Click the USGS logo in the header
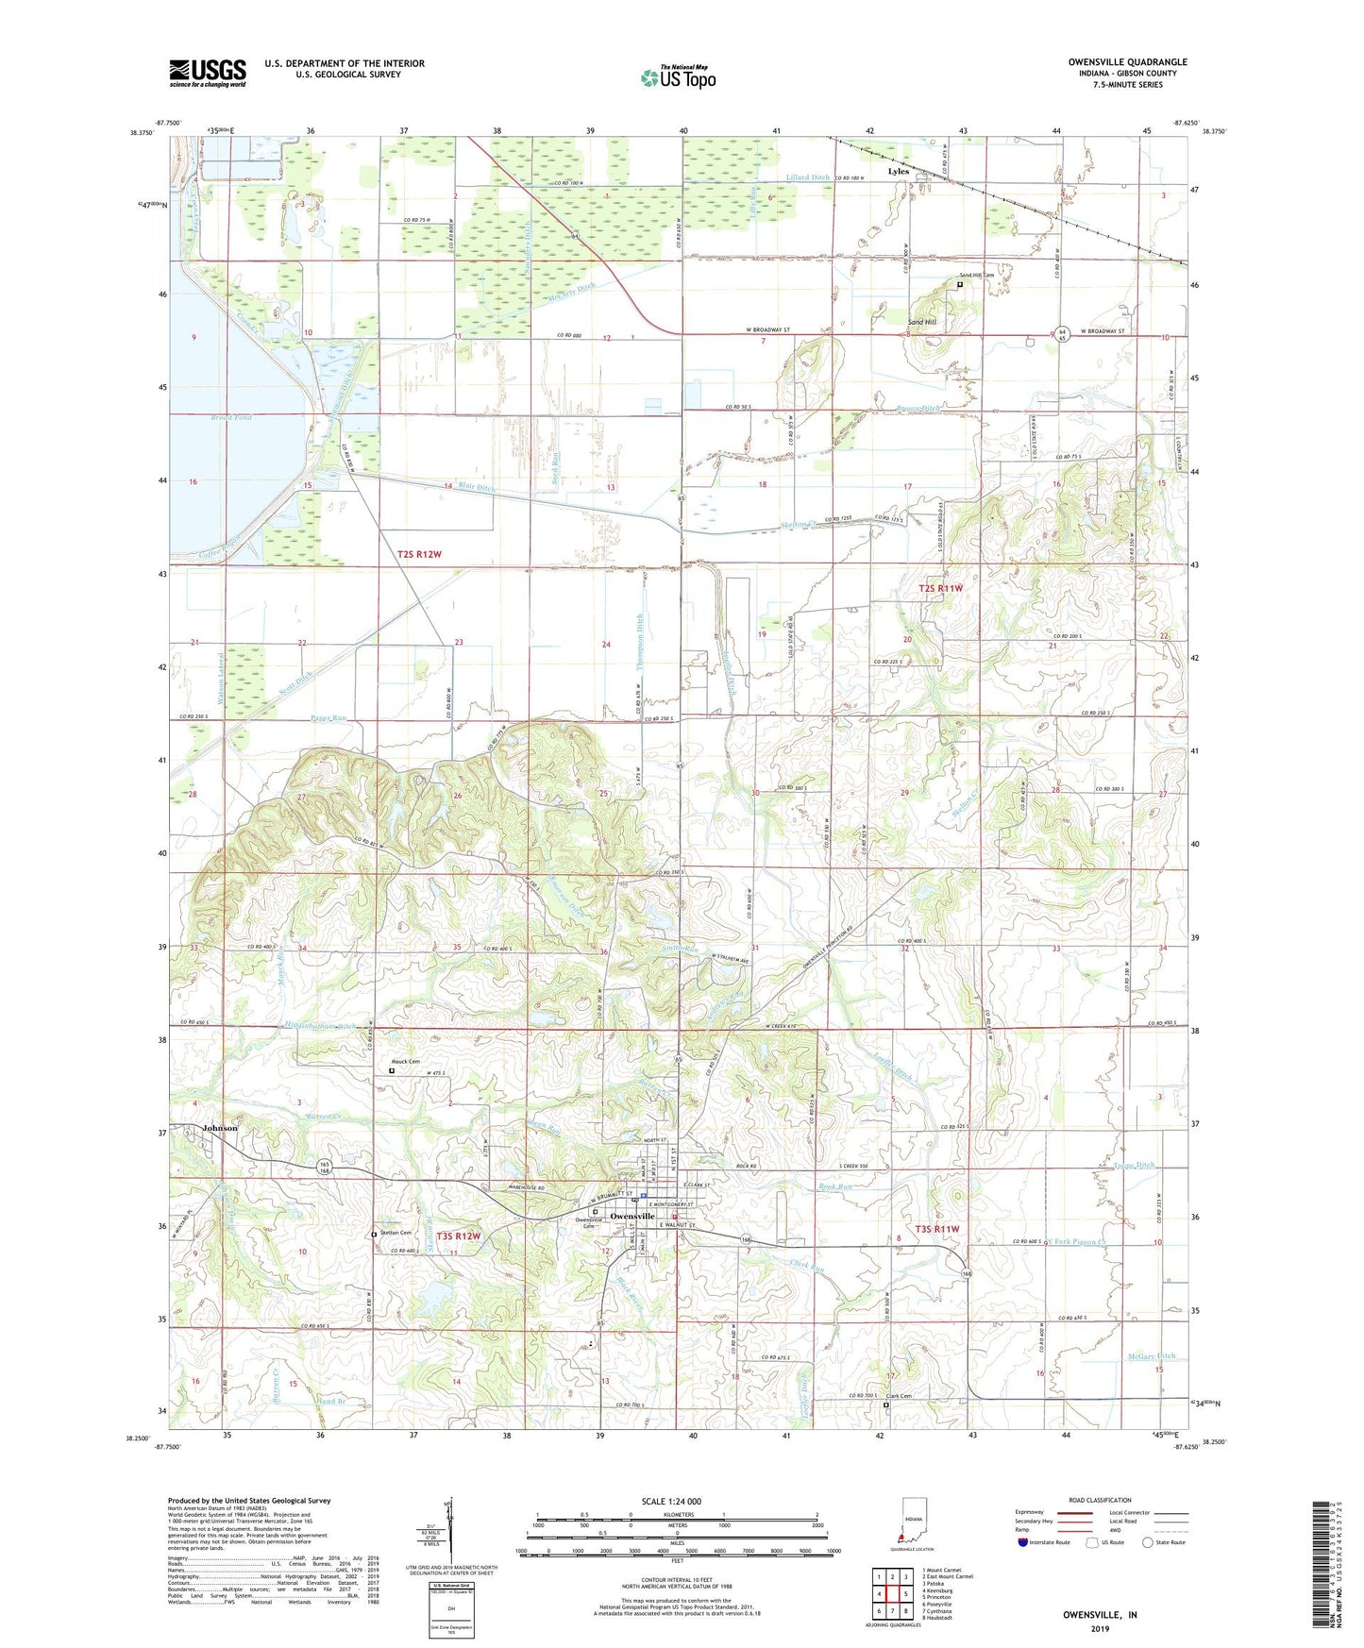point(208,72)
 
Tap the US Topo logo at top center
point(677,77)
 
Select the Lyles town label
point(899,172)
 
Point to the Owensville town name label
point(632,1217)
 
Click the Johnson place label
point(219,1128)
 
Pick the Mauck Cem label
point(406,1062)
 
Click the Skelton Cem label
point(395,1233)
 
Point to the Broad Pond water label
point(205,416)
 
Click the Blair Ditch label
point(476,488)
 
